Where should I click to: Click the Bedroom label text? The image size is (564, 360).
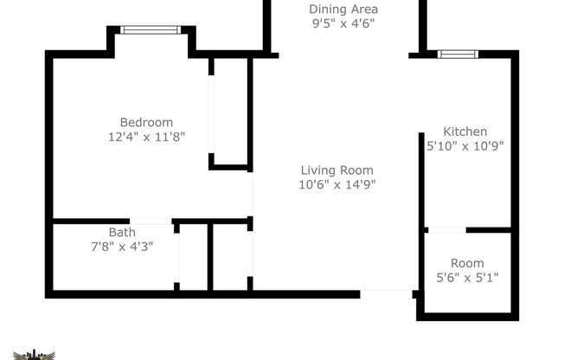[146, 122]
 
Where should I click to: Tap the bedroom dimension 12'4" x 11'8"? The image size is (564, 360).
[146, 136]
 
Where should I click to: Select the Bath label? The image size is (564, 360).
[122, 232]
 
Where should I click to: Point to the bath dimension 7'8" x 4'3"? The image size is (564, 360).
[122, 246]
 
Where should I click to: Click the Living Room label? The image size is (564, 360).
[336, 170]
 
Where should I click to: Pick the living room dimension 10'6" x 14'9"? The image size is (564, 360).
[336, 183]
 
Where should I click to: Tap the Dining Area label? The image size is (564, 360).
[343, 10]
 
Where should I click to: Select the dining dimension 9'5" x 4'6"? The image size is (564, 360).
[343, 24]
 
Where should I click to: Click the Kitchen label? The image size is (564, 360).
[465, 132]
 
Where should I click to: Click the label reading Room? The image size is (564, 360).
[467, 263]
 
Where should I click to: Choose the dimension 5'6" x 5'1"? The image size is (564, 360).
[467, 277]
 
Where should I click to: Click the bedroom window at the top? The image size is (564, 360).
[151, 30]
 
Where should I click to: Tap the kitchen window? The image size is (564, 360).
[458, 55]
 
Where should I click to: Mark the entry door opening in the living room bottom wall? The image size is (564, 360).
[386, 294]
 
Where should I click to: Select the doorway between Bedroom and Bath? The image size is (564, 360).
[151, 222]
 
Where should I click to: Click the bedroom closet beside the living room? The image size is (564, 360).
[230, 111]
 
